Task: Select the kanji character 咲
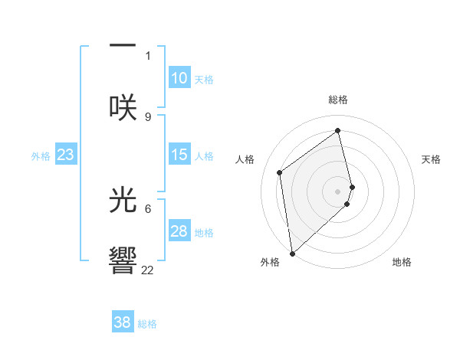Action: pos(123,106)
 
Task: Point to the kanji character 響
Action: pos(123,260)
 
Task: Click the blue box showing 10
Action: pos(179,78)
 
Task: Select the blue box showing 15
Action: pos(179,155)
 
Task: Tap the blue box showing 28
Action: pos(179,231)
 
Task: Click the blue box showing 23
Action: pos(66,155)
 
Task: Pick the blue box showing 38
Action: pos(123,322)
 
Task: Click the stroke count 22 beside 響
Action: pos(147,270)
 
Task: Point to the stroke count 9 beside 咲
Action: pos(148,116)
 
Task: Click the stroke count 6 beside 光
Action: pos(148,208)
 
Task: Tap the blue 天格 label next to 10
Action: pos(204,80)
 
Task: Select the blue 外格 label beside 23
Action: pos(41,156)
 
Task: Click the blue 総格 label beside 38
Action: pos(147,324)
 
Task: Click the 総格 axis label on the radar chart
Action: pos(338,100)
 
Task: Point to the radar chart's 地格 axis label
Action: pos(402,262)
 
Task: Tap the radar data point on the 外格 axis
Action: pos(292,253)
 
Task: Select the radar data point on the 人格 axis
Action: pos(280,172)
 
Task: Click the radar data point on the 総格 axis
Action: pos(338,131)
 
